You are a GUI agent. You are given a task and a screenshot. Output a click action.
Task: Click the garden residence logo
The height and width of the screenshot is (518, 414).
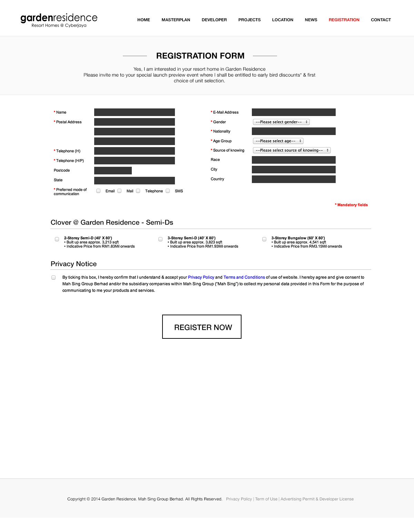[x=59, y=20]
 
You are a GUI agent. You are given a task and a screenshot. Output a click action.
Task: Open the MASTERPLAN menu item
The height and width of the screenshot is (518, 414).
[x=176, y=20]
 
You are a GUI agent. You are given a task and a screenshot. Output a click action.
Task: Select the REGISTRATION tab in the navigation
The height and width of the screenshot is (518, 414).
[x=344, y=20]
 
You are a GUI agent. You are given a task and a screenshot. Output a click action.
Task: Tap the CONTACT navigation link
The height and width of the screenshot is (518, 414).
[x=381, y=20]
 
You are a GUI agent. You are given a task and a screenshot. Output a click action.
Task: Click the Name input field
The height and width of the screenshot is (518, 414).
[x=134, y=112]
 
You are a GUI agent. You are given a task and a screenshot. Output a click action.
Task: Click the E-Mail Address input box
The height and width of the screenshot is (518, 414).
[x=294, y=112]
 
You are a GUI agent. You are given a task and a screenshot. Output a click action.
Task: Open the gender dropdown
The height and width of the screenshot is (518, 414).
[x=281, y=122]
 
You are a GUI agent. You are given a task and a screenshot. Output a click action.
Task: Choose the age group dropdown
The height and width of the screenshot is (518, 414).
[x=278, y=141]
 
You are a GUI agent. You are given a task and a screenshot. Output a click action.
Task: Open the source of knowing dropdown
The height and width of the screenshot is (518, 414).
[x=292, y=150]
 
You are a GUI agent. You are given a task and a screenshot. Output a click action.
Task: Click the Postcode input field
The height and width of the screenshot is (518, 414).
[x=113, y=171]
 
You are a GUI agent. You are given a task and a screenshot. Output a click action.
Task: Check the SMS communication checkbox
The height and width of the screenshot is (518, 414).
[x=168, y=191]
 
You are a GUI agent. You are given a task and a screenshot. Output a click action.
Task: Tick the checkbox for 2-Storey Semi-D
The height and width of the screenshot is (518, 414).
[x=57, y=239]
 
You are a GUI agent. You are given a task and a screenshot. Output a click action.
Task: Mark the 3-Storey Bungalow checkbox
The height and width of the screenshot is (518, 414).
[x=264, y=239]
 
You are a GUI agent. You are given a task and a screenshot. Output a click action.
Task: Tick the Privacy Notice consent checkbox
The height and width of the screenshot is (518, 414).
[x=53, y=277]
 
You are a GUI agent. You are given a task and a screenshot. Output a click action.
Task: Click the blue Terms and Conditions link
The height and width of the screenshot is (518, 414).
[x=244, y=277]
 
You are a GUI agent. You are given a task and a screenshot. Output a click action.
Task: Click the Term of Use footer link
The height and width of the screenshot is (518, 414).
[x=266, y=499]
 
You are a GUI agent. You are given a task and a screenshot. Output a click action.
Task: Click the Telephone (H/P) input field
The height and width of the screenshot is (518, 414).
[x=134, y=161]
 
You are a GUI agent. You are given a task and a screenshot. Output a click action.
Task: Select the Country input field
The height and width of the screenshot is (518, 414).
[x=294, y=179]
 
